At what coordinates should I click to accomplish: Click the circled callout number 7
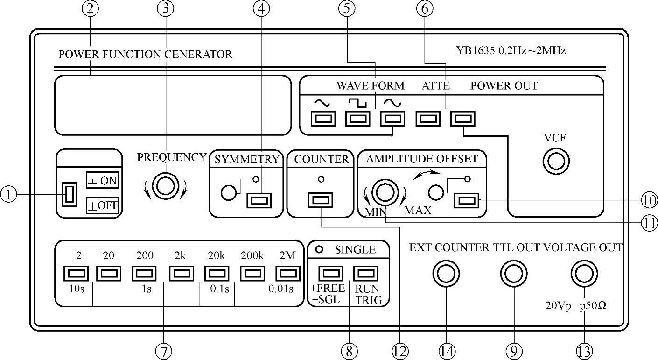(x=163, y=351)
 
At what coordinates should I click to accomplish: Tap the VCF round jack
(x=556, y=162)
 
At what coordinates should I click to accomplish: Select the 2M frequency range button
(x=287, y=273)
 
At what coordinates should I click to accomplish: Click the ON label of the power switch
(x=102, y=181)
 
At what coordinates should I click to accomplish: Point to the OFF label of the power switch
(x=102, y=205)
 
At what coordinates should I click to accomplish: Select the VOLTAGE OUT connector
(x=583, y=274)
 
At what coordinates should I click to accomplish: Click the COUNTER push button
(x=321, y=201)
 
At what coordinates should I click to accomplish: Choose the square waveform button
(x=357, y=119)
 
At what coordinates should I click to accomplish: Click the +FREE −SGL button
(x=330, y=273)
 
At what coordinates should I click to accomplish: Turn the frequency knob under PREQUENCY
(x=166, y=186)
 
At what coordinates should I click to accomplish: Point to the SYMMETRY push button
(x=259, y=201)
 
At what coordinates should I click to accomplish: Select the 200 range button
(x=144, y=273)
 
